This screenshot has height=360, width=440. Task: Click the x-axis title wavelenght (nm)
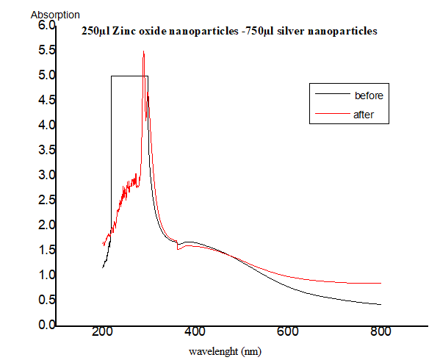click(224, 351)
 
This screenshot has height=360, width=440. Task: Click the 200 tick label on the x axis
click(102, 332)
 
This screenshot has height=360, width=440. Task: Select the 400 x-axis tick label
click(195, 332)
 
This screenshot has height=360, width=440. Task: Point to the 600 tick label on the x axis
click(287, 332)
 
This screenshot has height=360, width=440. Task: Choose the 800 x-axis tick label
click(380, 332)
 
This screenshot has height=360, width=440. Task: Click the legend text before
click(369, 96)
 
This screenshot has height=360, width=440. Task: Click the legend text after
click(364, 115)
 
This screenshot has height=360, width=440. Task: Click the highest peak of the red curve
click(143, 51)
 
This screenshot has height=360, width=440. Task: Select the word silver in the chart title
click(284, 32)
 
